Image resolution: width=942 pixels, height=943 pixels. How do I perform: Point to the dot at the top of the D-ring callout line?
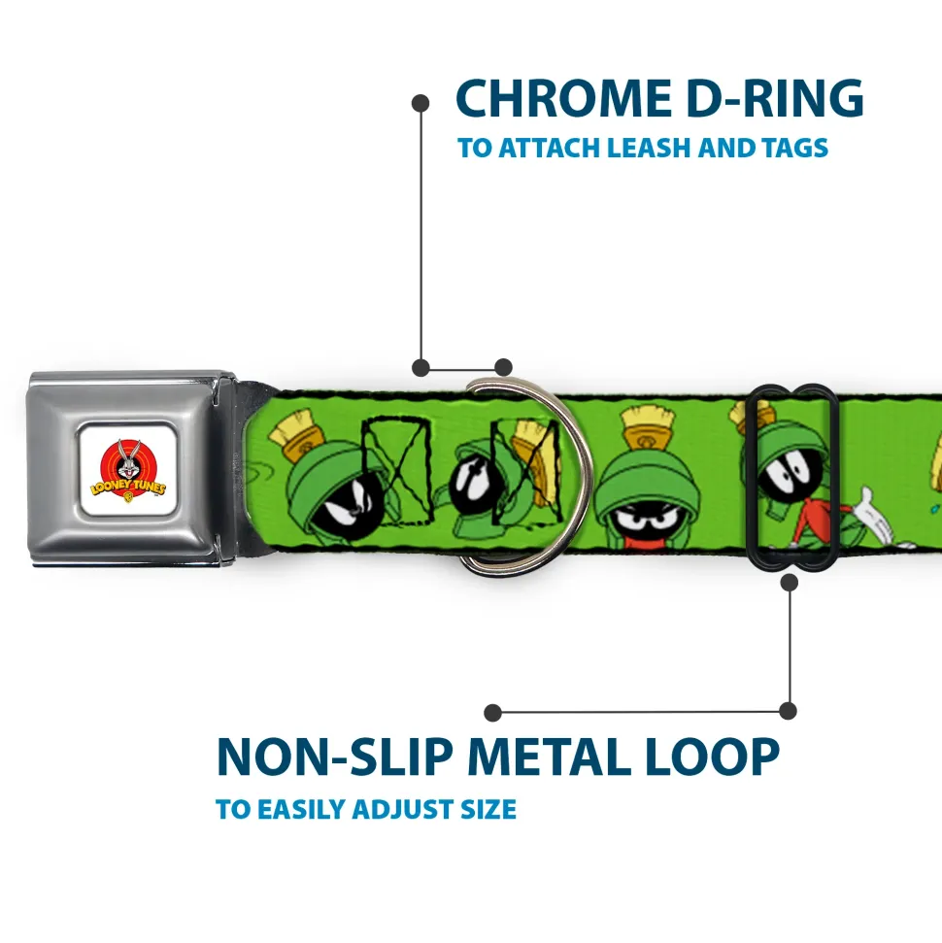click(x=421, y=101)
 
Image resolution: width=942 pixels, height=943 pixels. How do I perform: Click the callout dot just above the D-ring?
click(x=503, y=367)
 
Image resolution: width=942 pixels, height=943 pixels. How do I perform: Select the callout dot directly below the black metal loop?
click(x=789, y=582)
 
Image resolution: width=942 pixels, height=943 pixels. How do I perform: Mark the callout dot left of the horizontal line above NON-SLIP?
click(x=493, y=713)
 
